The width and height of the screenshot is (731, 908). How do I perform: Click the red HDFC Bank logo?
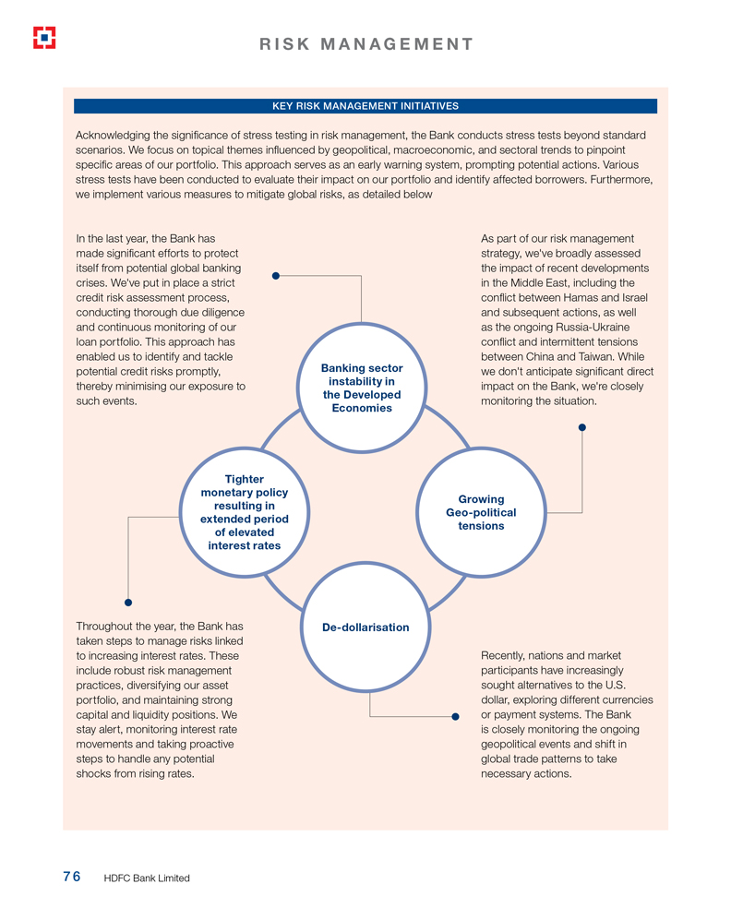coord(44,37)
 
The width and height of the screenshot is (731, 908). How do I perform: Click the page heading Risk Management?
coord(365,43)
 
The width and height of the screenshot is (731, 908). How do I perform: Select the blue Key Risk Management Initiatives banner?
coord(365,106)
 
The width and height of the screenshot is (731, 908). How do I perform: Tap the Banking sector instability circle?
coord(361,388)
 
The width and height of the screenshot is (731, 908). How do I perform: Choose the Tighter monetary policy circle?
coord(245,512)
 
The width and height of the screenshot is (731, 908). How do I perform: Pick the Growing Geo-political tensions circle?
coord(481,512)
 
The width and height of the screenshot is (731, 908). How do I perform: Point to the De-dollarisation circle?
coord(365,627)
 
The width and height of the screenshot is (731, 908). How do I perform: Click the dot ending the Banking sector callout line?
coord(275,275)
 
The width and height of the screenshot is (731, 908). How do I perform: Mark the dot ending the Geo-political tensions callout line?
coord(581,427)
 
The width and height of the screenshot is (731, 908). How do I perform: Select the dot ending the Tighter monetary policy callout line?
coord(128,603)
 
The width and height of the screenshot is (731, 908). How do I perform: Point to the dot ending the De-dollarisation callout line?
coord(455,716)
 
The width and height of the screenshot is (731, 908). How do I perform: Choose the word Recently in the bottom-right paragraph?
coord(505,655)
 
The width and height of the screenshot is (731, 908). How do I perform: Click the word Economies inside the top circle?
coord(362,408)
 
